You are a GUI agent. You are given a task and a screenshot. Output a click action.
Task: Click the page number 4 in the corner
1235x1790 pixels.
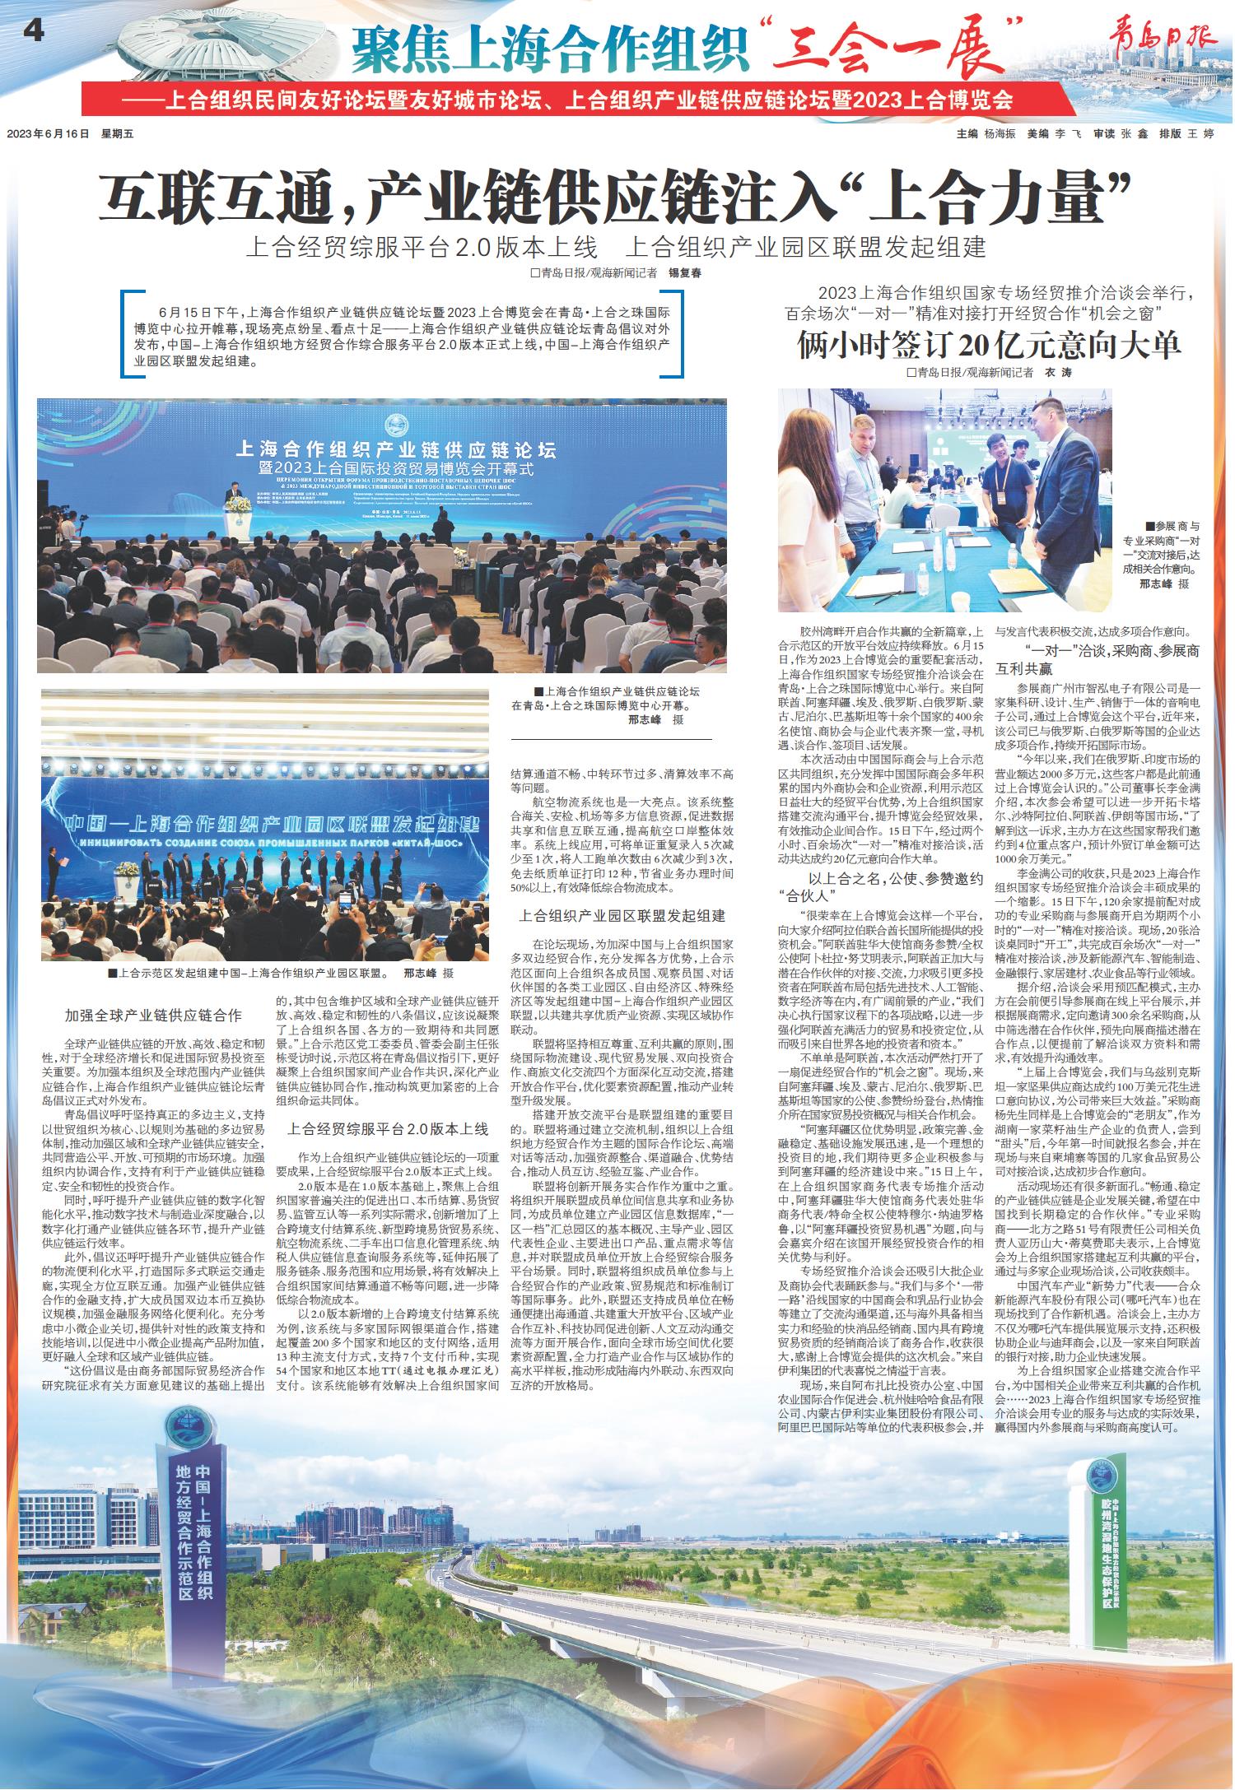coord(33,31)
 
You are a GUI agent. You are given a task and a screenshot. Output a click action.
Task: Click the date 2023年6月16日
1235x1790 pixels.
coord(47,133)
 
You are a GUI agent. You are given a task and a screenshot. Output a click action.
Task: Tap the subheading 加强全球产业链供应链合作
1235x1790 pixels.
coord(153,1015)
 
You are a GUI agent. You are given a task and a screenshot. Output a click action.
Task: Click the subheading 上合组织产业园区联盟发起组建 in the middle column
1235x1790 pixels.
coord(622,915)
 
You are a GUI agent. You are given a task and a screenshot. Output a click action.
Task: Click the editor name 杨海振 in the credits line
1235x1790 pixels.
coord(1002,133)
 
